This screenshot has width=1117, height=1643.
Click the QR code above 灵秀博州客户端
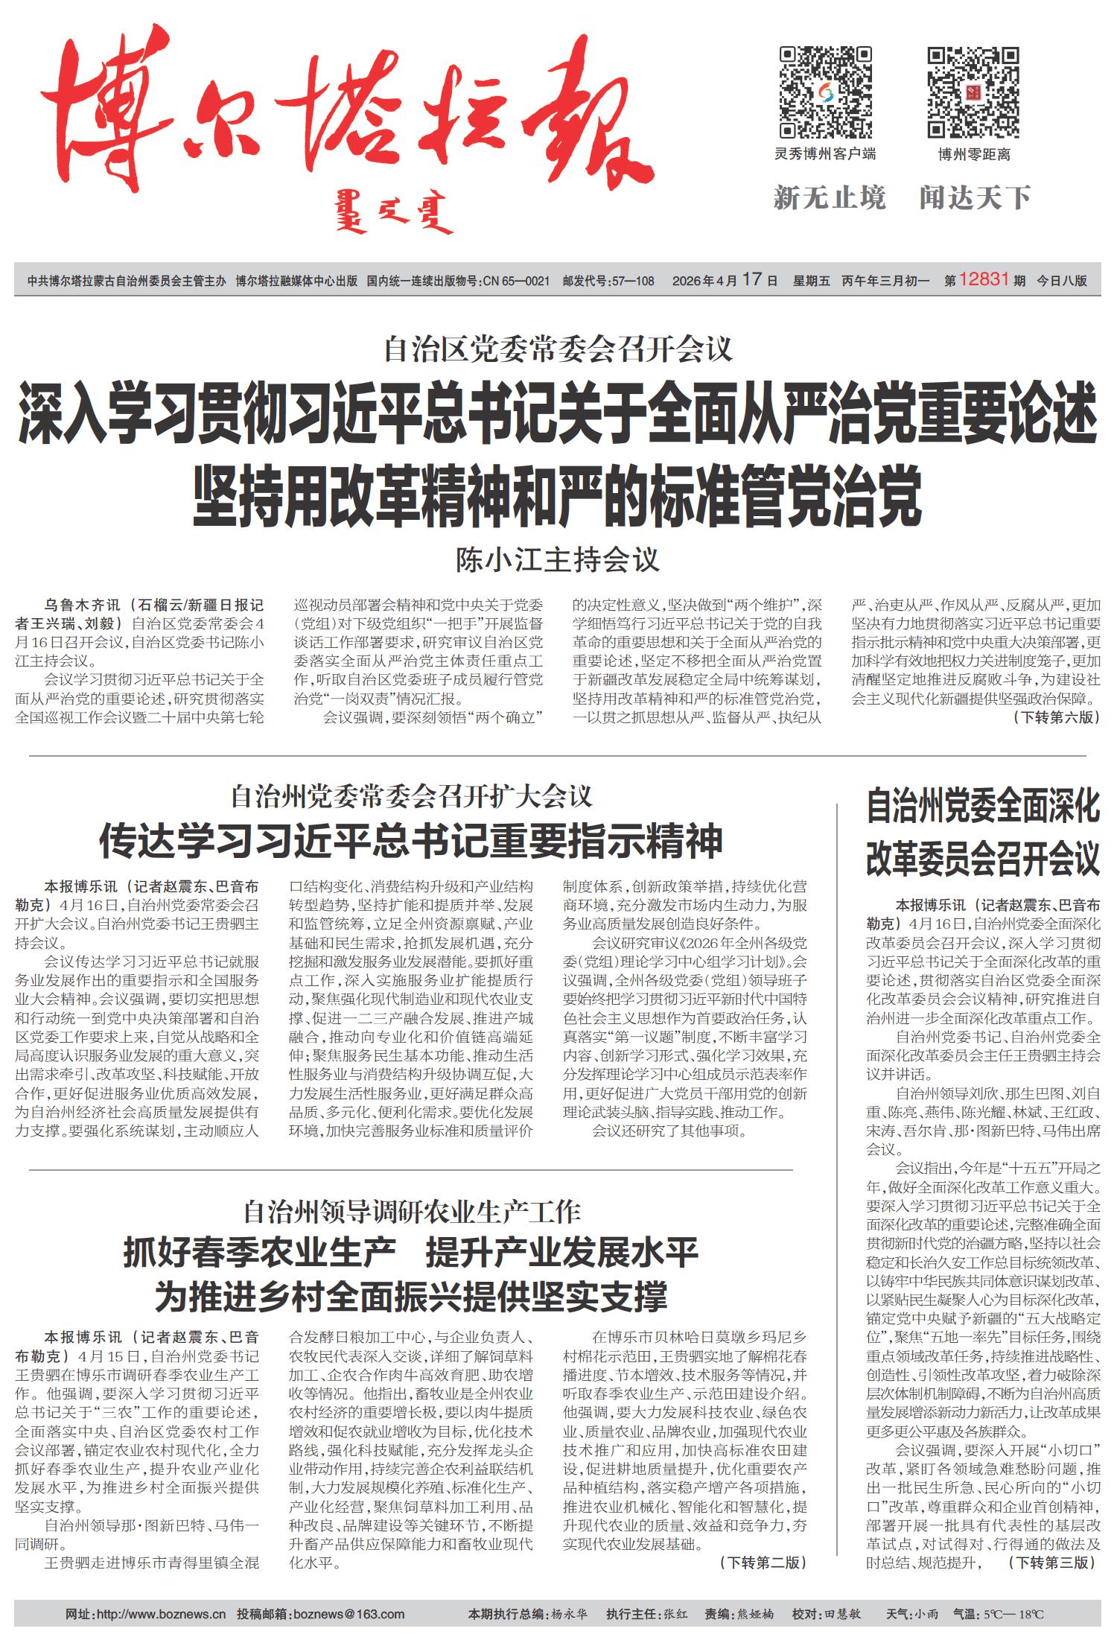point(825,92)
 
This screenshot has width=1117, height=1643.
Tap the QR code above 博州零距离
point(973,92)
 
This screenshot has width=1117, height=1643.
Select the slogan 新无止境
point(830,198)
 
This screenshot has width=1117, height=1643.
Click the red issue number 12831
point(984,280)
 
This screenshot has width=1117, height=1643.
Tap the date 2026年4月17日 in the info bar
point(725,281)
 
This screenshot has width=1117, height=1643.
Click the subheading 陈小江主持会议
point(558,559)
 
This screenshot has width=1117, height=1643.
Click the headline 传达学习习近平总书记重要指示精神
point(411,841)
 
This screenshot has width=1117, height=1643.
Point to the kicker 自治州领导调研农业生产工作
point(412,1212)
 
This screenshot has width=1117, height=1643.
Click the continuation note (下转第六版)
point(1055,717)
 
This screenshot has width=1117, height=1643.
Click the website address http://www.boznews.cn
point(161,1615)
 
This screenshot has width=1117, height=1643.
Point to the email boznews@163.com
point(349,1615)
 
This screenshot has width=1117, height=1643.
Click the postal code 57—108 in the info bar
point(631,281)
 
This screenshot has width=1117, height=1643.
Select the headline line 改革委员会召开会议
point(982,860)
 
